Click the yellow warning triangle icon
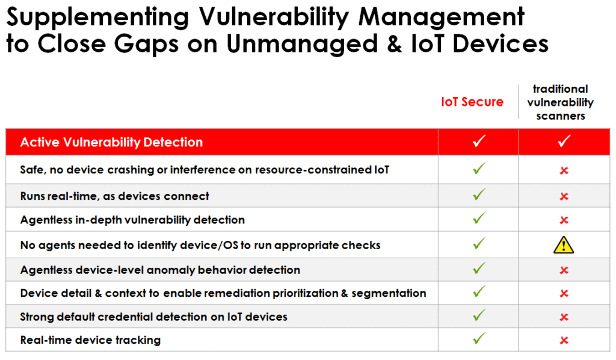tap(564, 245)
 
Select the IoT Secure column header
tap(472, 102)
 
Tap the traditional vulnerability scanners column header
tap(560, 102)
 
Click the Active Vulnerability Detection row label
tap(111, 142)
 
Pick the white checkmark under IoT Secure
tap(479, 141)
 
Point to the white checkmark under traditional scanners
tap(564, 141)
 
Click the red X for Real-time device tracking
tap(564, 340)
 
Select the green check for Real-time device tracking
tap(479, 338)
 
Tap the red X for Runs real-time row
tap(564, 196)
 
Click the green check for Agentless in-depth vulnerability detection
tap(479, 218)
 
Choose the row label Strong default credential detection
tap(153, 317)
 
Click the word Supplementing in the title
tap(98, 17)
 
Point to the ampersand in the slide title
tap(395, 43)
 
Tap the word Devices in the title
tap(500, 43)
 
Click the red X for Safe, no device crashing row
tap(564, 170)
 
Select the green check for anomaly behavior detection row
tap(479, 268)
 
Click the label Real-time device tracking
tap(90, 340)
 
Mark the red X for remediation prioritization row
tap(564, 294)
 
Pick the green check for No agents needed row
tap(479, 243)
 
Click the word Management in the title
tap(441, 17)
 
